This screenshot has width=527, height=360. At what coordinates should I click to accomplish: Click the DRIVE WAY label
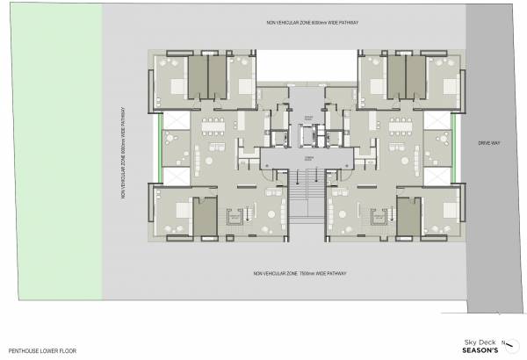point(488,142)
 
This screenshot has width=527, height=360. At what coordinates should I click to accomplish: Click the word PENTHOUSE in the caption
point(24,348)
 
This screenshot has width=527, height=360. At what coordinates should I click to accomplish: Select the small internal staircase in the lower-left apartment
point(235,215)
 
